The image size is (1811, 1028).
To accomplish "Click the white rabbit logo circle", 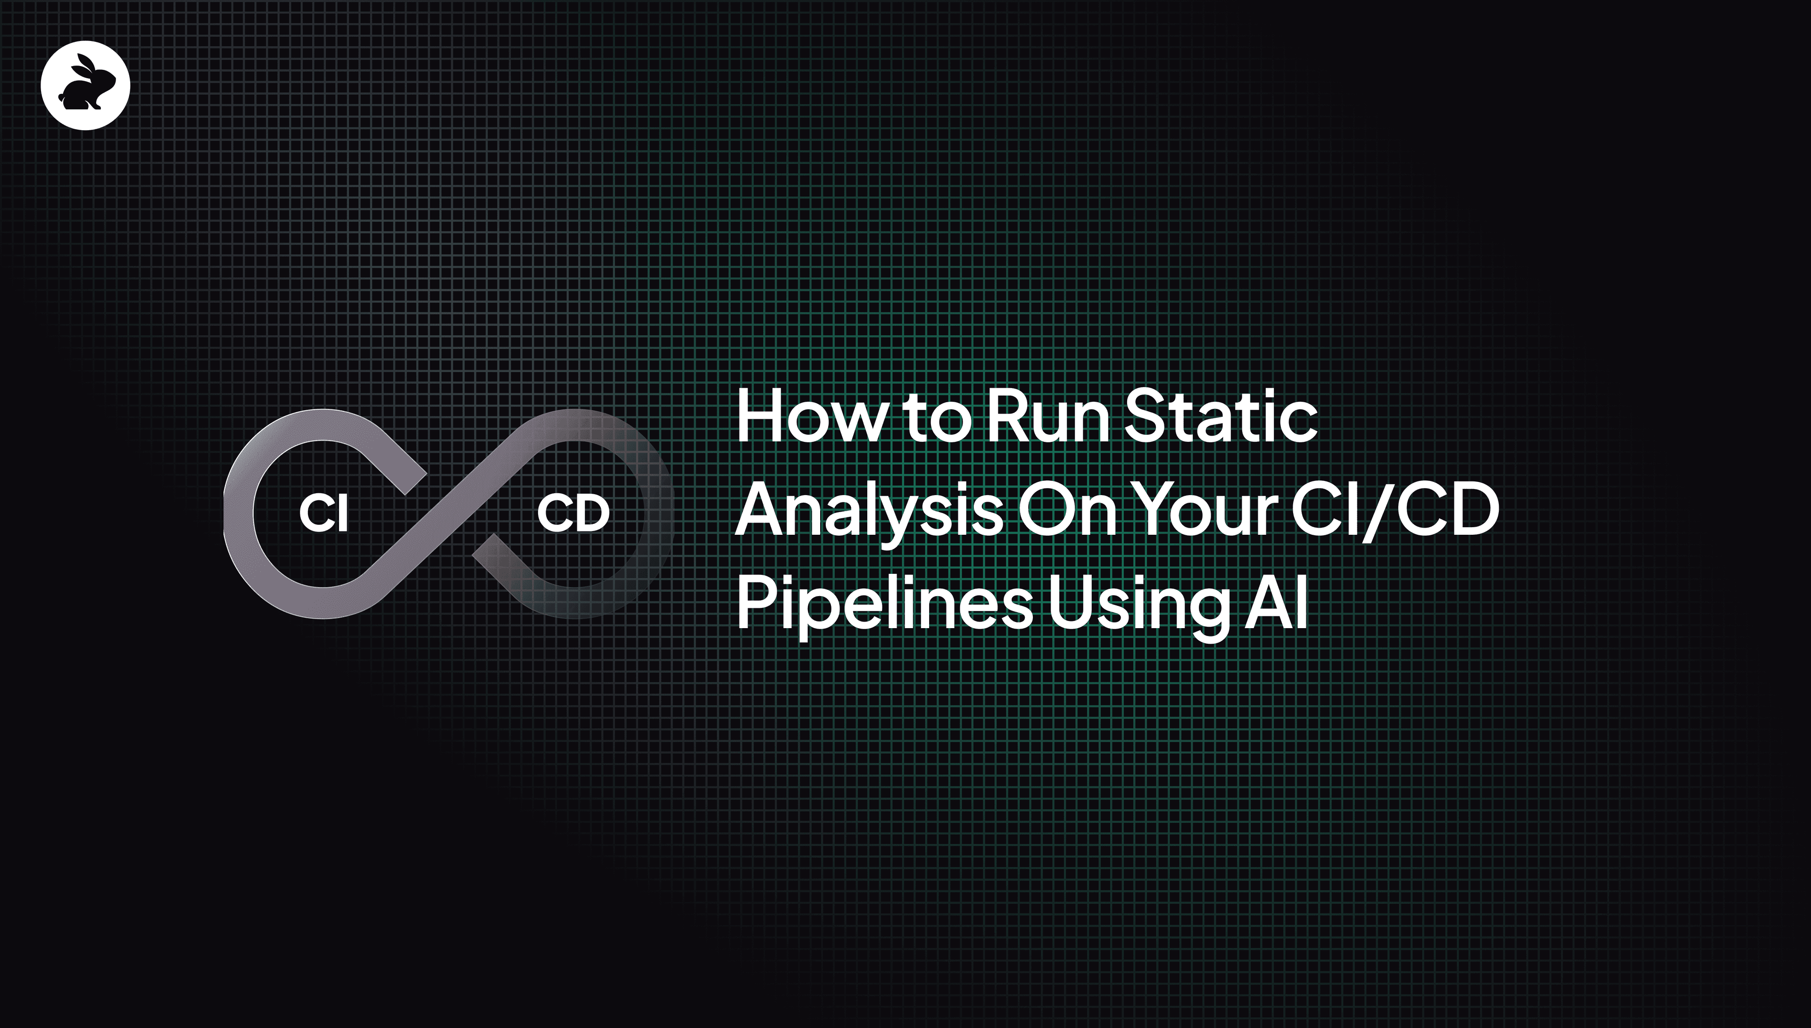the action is [x=85, y=85].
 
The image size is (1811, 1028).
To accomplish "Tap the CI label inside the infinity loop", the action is [x=324, y=514].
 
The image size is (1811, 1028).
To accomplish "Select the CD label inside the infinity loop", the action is [x=573, y=514].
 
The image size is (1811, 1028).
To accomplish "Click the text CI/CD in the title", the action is [x=1395, y=510].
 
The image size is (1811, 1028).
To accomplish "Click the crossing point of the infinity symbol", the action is [x=449, y=514].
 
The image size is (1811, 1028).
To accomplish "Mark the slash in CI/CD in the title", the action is [x=1382, y=511].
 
